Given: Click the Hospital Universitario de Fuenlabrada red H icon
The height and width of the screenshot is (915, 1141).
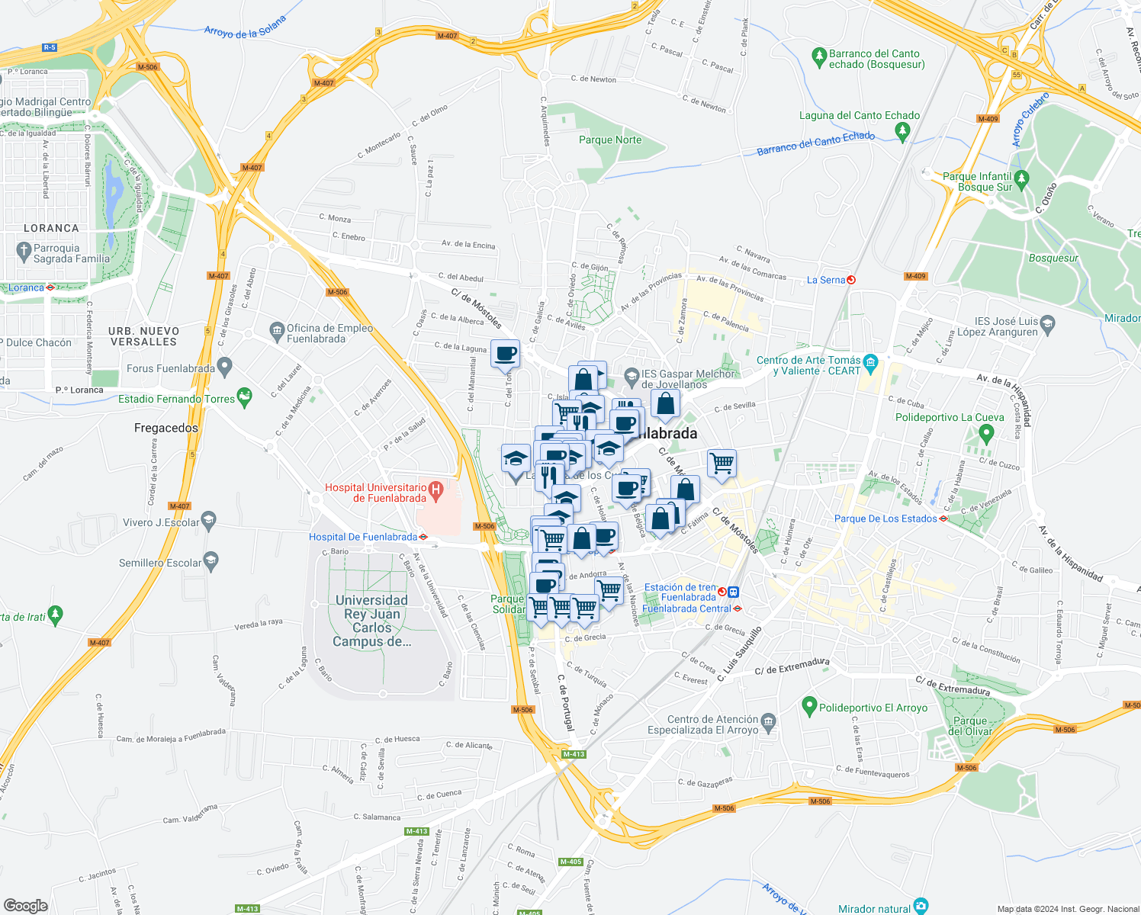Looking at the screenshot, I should coord(436,489).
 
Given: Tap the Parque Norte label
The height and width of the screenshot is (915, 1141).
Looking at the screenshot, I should coord(609,140).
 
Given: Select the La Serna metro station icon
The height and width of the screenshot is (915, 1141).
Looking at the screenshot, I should coord(851,280).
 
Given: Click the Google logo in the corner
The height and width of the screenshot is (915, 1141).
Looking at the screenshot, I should coord(25,905).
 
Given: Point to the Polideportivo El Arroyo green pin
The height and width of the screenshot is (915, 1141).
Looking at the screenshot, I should coord(809,706).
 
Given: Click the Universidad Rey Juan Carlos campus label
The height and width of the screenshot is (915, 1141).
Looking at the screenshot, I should coord(371,621).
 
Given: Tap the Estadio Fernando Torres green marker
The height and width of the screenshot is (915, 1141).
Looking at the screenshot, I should coord(244,396).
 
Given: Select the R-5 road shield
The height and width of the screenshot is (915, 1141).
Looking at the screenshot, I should coord(50,47).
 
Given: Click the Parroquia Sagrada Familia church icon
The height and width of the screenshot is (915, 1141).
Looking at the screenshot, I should coord(24,249).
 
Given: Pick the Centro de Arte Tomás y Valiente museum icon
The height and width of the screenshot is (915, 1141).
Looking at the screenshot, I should coord(871,361).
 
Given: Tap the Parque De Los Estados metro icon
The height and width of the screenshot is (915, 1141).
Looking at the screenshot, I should coord(943,518).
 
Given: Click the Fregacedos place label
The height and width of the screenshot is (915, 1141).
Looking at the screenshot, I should coord(166,428).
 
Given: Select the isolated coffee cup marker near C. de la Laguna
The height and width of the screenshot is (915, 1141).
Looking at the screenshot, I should coord(505,355).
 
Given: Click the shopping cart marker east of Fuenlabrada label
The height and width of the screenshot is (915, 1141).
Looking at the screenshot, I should coord(722,463).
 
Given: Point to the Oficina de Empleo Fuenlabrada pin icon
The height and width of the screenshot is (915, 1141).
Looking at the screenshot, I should coord(276,330).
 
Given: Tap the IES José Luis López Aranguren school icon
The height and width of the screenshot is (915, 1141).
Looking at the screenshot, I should coord(1047,323).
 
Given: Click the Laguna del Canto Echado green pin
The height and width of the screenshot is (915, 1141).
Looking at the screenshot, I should coord(903,132).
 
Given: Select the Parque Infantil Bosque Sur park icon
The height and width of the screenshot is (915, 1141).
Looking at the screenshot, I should coord(1022,179).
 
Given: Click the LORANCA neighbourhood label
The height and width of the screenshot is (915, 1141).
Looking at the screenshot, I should coord(51,228).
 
